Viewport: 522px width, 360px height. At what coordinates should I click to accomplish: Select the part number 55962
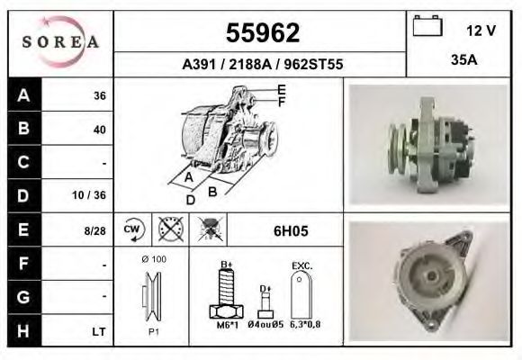tap(261, 33)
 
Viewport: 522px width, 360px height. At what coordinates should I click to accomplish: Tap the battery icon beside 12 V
tap(426, 27)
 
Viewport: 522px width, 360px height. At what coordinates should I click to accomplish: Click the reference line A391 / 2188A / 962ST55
tap(261, 65)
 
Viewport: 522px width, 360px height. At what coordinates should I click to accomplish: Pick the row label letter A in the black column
tap(22, 94)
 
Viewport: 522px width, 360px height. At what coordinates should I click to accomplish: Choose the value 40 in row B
tap(99, 129)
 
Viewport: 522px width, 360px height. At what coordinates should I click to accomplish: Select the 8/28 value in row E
tap(94, 230)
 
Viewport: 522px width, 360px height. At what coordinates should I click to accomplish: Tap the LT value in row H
tap(99, 332)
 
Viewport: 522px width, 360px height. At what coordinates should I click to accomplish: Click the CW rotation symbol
tap(130, 229)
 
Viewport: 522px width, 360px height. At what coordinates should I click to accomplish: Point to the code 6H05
tap(291, 230)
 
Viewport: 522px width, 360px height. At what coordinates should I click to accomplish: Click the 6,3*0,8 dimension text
tap(306, 326)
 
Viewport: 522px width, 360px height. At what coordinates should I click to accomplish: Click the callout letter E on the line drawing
tap(281, 89)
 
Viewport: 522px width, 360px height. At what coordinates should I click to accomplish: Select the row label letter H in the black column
tap(22, 331)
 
